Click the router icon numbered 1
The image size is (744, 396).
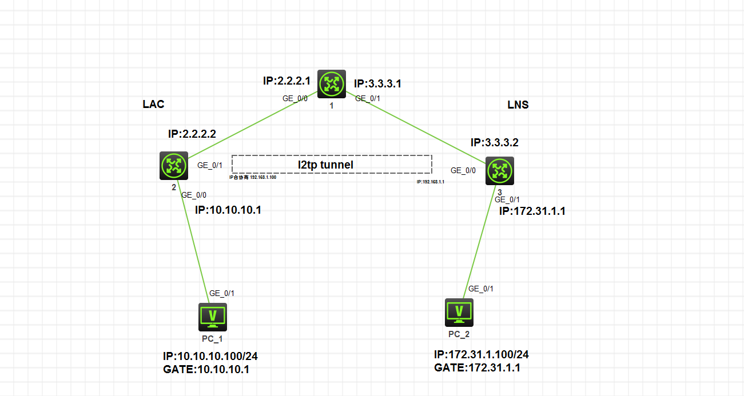(332, 84)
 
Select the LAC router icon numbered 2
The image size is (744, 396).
(174, 166)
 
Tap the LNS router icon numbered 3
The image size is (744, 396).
(500, 170)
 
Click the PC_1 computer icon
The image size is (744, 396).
(213, 317)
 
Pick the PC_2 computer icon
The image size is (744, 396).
(459, 312)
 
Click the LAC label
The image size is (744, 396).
(153, 104)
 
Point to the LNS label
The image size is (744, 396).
(518, 105)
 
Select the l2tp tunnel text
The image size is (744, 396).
(325, 165)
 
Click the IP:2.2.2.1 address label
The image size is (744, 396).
(287, 81)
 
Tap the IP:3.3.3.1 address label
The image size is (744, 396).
(377, 83)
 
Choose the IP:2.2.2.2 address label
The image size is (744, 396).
(192, 134)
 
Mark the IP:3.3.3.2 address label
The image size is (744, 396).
(495, 142)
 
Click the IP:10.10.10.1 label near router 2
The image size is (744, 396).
(228, 210)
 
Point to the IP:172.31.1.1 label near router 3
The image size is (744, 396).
(532, 211)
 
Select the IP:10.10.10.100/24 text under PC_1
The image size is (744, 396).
(210, 357)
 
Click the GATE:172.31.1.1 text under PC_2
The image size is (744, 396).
(477, 367)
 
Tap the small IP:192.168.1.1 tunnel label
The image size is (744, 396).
(431, 181)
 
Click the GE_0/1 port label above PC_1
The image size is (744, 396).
(222, 293)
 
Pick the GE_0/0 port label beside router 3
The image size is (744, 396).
(463, 170)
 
